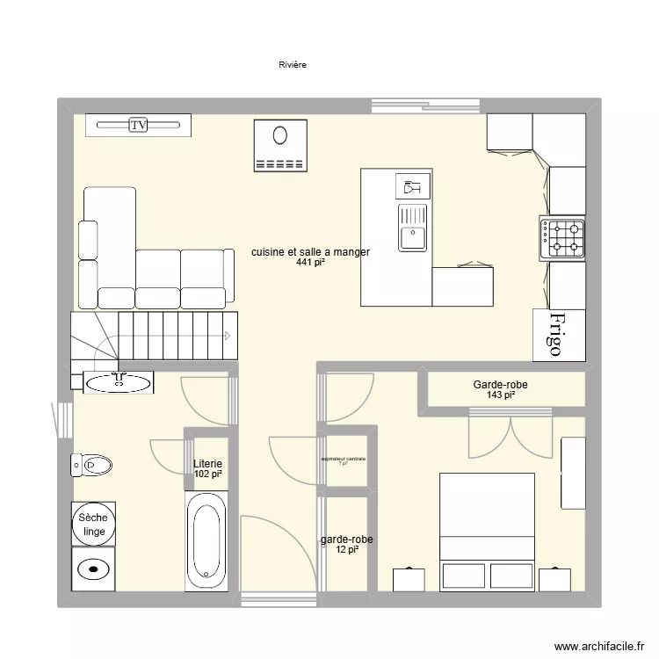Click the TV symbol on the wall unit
[x=138, y=126]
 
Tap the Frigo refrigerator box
[x=559, y=335]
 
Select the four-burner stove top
[x=562, y=238]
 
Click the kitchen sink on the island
[x=411, y=227]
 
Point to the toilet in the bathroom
[x=91, y=464]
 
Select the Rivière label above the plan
[x=293, y=65]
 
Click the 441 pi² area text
[x=310, y=262]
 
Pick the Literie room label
[x=208, y=464]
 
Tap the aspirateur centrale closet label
[x=344, y=460]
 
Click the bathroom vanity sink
[x=119, y=380]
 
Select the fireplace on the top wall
[x=280, y=145]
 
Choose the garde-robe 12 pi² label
[x=346, y=545]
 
